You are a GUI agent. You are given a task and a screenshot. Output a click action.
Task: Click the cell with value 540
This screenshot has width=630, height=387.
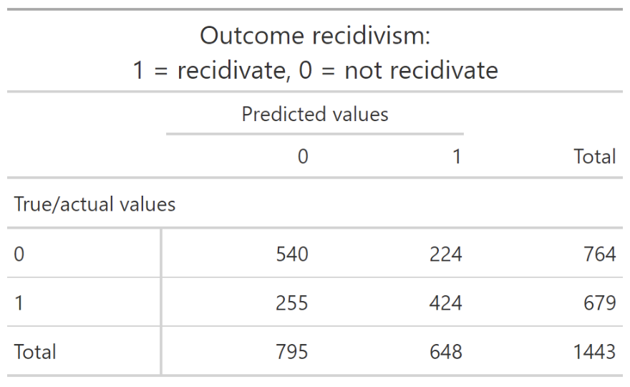291,254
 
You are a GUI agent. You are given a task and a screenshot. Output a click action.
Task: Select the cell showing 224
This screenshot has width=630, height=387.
445,254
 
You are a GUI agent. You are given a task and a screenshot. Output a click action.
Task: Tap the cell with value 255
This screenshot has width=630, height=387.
291,303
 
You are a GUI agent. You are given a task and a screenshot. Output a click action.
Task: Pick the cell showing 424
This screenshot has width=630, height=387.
445,303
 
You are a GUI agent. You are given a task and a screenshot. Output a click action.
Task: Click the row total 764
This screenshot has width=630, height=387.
599,254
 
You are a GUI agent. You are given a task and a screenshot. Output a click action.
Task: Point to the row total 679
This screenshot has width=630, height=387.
599,303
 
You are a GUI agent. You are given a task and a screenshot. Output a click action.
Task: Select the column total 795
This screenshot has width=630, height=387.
291,352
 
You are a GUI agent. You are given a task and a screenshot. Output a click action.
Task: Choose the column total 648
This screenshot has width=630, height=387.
445,352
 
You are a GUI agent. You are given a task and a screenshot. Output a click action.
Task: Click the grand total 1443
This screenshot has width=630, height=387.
594,352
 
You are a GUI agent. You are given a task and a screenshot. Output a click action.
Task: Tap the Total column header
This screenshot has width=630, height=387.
595,156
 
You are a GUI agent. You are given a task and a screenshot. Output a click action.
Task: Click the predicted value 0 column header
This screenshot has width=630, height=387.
303,156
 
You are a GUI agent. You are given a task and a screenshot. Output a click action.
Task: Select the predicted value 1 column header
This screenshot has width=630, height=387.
457,156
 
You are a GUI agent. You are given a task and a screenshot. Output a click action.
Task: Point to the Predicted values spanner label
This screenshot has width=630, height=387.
315,114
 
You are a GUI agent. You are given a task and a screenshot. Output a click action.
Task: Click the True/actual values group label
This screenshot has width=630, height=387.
94,204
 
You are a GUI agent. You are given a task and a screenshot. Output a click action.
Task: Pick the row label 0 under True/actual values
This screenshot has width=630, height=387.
19,254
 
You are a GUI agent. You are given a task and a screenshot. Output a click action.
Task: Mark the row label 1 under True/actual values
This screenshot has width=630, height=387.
19,303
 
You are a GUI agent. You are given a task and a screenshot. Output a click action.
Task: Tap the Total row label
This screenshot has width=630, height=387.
35,352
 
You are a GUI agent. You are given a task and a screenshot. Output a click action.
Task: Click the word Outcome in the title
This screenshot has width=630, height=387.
252,35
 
